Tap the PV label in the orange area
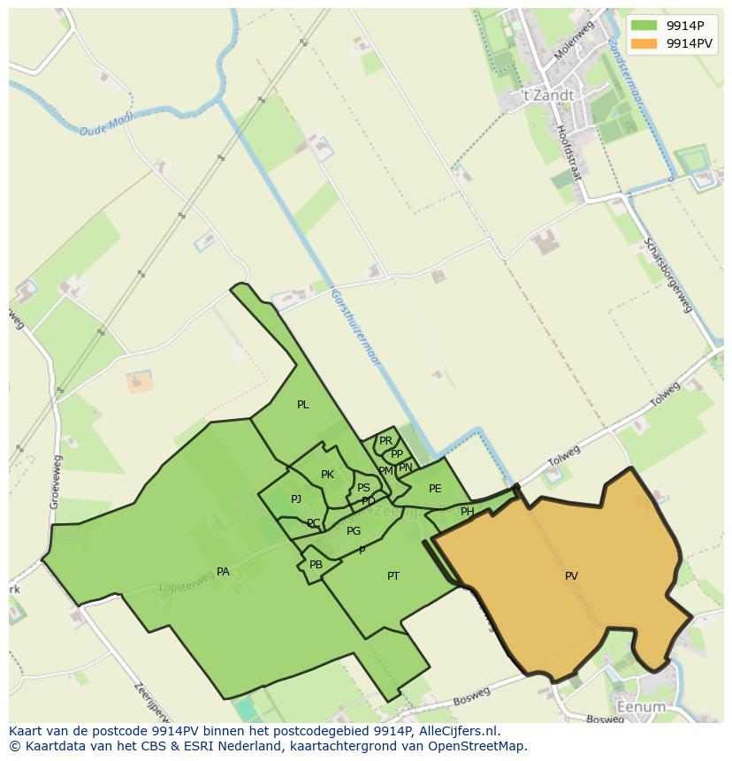[571, 576]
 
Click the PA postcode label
[223, 572]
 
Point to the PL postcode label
[302, 405]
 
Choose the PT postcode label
[393, 576]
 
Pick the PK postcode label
[327, 475]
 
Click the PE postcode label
[435, 489]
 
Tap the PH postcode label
[467, 512]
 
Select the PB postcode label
[316, 565]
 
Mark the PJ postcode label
[296, 499]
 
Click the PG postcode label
[354, 531]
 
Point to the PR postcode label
[385, 440]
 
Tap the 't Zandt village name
[547, 95]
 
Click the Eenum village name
[641, 708]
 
